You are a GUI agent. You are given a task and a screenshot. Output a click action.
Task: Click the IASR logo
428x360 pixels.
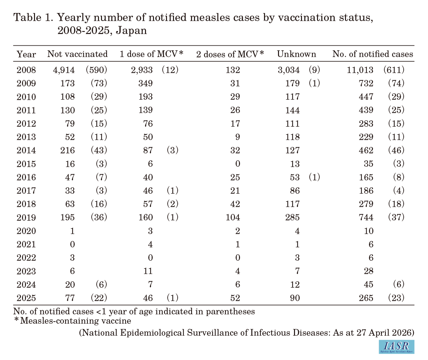click(x=396, y=347)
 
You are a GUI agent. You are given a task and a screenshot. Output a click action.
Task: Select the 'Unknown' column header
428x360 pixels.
click(x=296, y=54)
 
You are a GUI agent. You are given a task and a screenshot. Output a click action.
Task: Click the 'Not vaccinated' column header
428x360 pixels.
click(x=77, y=54)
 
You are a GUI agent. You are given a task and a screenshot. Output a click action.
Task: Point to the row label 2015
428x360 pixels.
click(x=26, y=164)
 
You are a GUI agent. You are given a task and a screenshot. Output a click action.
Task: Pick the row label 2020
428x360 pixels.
click(x=26, y=231)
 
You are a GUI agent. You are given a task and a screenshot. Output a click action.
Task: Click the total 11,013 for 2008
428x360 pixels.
click(x=360, y=70)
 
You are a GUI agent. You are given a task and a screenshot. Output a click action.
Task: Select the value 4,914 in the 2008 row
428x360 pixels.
click(x=64, y=70)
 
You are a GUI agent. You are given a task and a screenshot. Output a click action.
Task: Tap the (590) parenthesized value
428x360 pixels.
click(x=97, y=70)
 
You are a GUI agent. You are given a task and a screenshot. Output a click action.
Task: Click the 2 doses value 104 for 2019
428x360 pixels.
click(x=233, y=218)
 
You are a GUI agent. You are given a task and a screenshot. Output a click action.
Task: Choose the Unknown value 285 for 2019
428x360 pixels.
click(x=292, y=218)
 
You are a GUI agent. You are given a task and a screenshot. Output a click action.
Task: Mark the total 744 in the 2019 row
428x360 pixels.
click(x=366, y=218)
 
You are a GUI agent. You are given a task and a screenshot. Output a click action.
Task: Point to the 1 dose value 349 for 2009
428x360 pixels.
click(x=146, y=83)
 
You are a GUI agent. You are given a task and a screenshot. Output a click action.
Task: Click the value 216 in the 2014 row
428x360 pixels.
click(x=67, y=150)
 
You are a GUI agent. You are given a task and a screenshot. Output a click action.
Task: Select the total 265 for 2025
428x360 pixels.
click(x=366, y=298)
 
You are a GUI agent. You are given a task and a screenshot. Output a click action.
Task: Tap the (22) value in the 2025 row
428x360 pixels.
click(x=99, y=298)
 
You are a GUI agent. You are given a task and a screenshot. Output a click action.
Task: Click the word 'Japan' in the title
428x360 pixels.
click(x=131, y=31)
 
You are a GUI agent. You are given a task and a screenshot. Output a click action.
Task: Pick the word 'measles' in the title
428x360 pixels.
click(x=210, y=17)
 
